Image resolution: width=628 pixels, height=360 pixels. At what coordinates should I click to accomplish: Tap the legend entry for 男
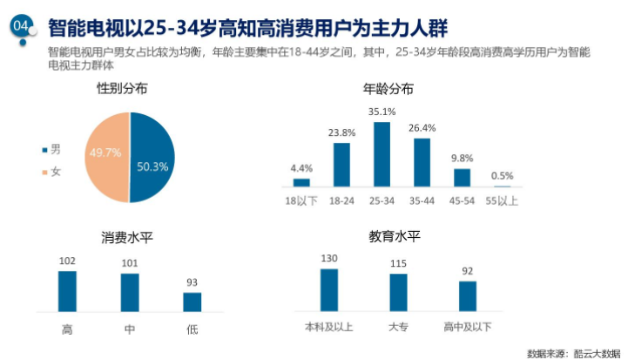click(51, 150)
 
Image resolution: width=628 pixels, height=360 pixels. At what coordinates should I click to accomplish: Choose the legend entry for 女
click(51, 172)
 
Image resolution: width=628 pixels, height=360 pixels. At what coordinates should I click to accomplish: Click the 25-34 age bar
click(382, 154)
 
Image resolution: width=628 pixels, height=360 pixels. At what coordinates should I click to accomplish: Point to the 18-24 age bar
click(341, 165)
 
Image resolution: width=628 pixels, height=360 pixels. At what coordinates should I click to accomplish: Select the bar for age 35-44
click(422, 162)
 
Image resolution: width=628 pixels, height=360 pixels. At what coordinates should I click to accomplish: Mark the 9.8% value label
click(462, 159)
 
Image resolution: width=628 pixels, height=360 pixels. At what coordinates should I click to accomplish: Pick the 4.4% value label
click(301, 168)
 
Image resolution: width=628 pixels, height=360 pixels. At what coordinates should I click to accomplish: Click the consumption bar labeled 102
click(67, 290)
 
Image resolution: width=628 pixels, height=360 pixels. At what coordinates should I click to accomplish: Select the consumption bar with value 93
click(192, 301)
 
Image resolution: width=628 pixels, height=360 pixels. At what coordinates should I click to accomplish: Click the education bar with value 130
click(328, 289)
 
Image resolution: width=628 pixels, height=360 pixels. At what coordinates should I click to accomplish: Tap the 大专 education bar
click(398, 292)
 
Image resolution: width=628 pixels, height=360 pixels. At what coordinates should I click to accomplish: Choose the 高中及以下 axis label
click(468, 327)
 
